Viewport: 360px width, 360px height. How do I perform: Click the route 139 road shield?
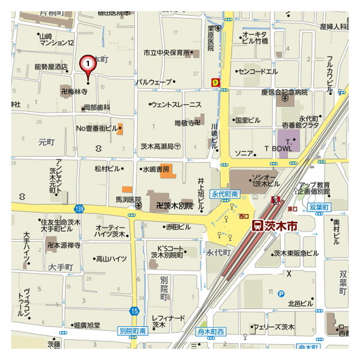78,208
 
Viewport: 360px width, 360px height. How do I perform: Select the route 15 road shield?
133,310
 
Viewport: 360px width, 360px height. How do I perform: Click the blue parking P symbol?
281,292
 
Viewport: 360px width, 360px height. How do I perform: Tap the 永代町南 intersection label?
225,193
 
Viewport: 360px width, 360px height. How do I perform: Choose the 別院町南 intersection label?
133,331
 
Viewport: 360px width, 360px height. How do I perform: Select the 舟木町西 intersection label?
211,332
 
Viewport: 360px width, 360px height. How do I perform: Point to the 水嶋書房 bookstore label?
155,168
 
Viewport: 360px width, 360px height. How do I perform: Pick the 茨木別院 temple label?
174,206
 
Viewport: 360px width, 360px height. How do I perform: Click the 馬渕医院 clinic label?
128,199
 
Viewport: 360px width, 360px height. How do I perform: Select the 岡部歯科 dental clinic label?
97,107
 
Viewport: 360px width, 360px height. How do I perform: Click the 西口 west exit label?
244,215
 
